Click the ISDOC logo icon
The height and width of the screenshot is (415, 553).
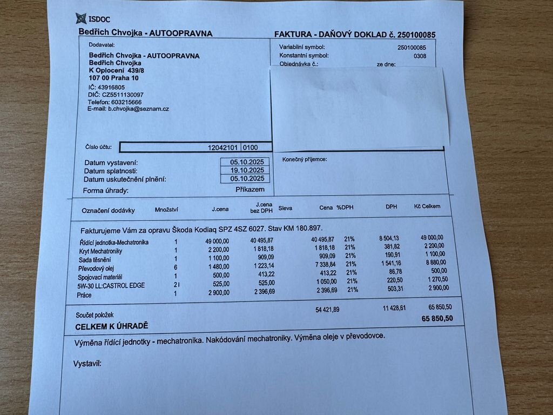click(x=80, y=19)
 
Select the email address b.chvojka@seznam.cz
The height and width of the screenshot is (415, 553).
click(x=138, y=109)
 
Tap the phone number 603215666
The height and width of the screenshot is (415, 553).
click(x=126, y=102)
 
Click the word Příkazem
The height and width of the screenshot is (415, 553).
click(x=250, y=190)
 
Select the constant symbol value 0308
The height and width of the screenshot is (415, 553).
click(x=420, y=56)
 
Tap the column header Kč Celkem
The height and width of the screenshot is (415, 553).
click(x=427, y=206)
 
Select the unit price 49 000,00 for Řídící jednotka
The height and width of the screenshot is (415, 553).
click(x=217, y=241)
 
